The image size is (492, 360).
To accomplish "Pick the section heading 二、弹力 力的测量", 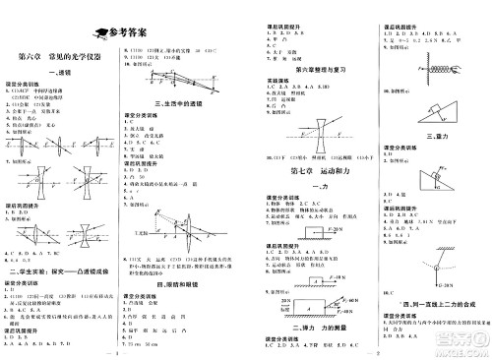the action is click(300, 324).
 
